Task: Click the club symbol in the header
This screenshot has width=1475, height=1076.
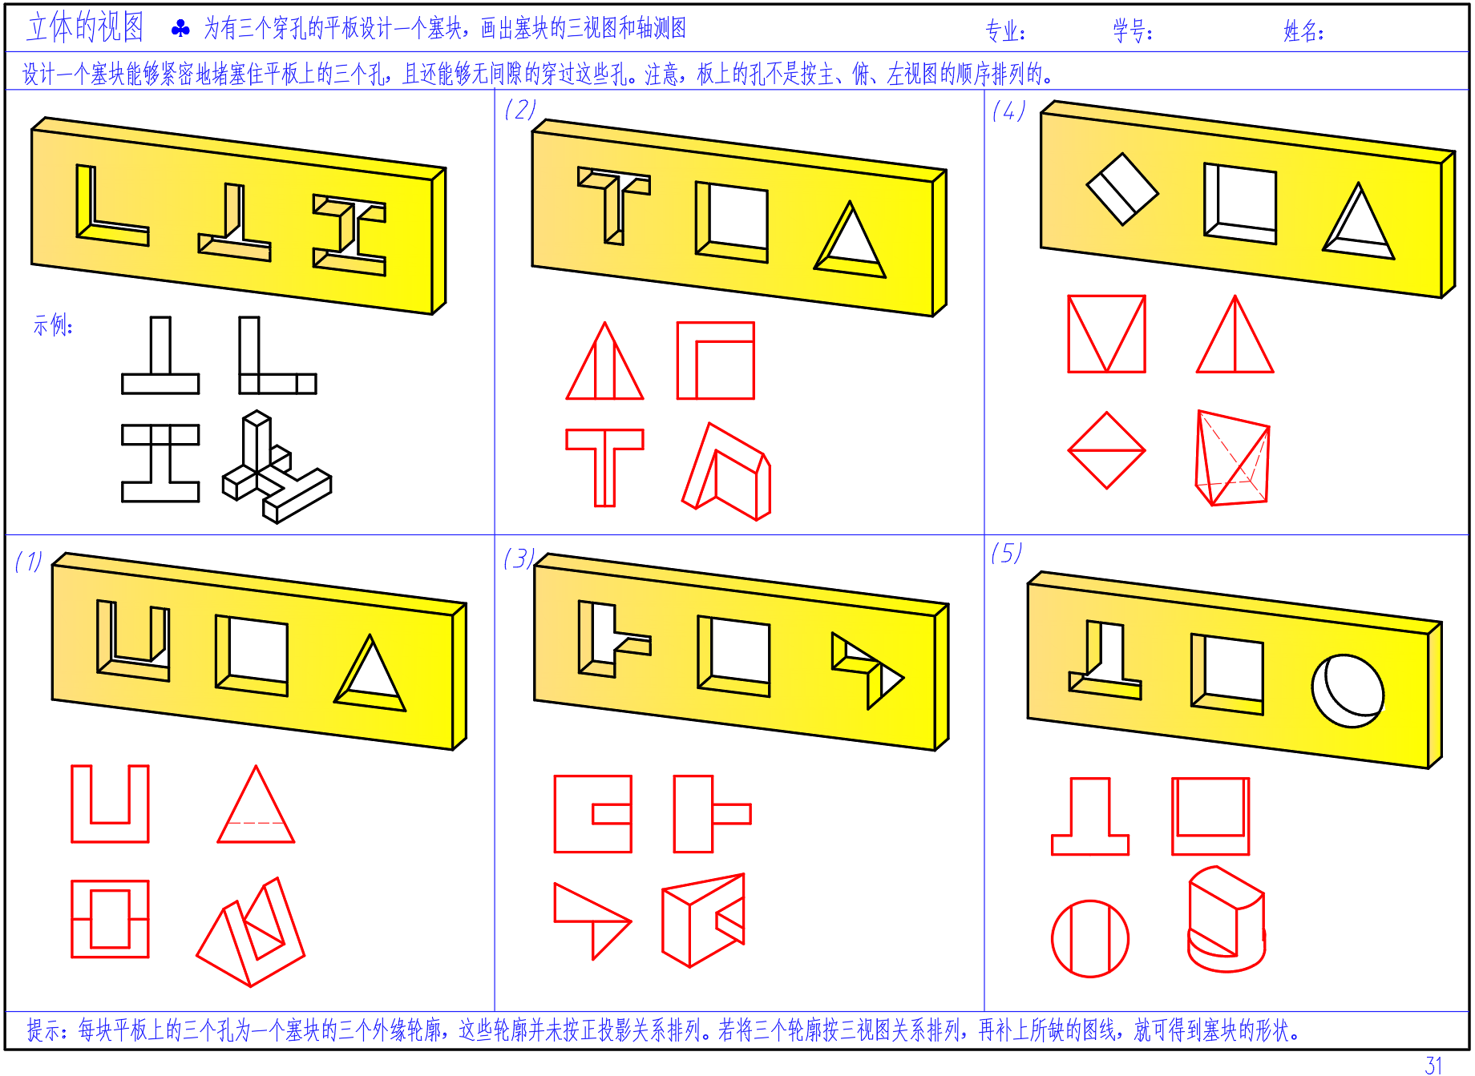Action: [180, 29]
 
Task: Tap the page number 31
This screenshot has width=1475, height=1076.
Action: [1433, 1065]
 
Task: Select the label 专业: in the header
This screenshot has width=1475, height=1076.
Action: [1005, 31]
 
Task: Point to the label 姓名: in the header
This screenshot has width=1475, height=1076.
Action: [1303, 31]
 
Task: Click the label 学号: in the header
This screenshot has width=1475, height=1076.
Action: [1132, 31]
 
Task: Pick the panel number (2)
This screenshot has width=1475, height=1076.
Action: [520, 109]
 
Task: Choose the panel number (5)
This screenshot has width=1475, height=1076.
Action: [1006, 553]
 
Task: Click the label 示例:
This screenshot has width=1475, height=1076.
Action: [53, 325]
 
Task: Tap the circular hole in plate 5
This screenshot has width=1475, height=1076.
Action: [1348, 691]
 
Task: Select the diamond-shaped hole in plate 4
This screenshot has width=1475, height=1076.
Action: [1121, 189]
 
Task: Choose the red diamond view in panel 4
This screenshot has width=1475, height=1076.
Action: [1106, 451]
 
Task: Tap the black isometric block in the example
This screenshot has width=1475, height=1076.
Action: [276, 467]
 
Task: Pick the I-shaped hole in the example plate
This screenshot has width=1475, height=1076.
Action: [350, 235]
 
